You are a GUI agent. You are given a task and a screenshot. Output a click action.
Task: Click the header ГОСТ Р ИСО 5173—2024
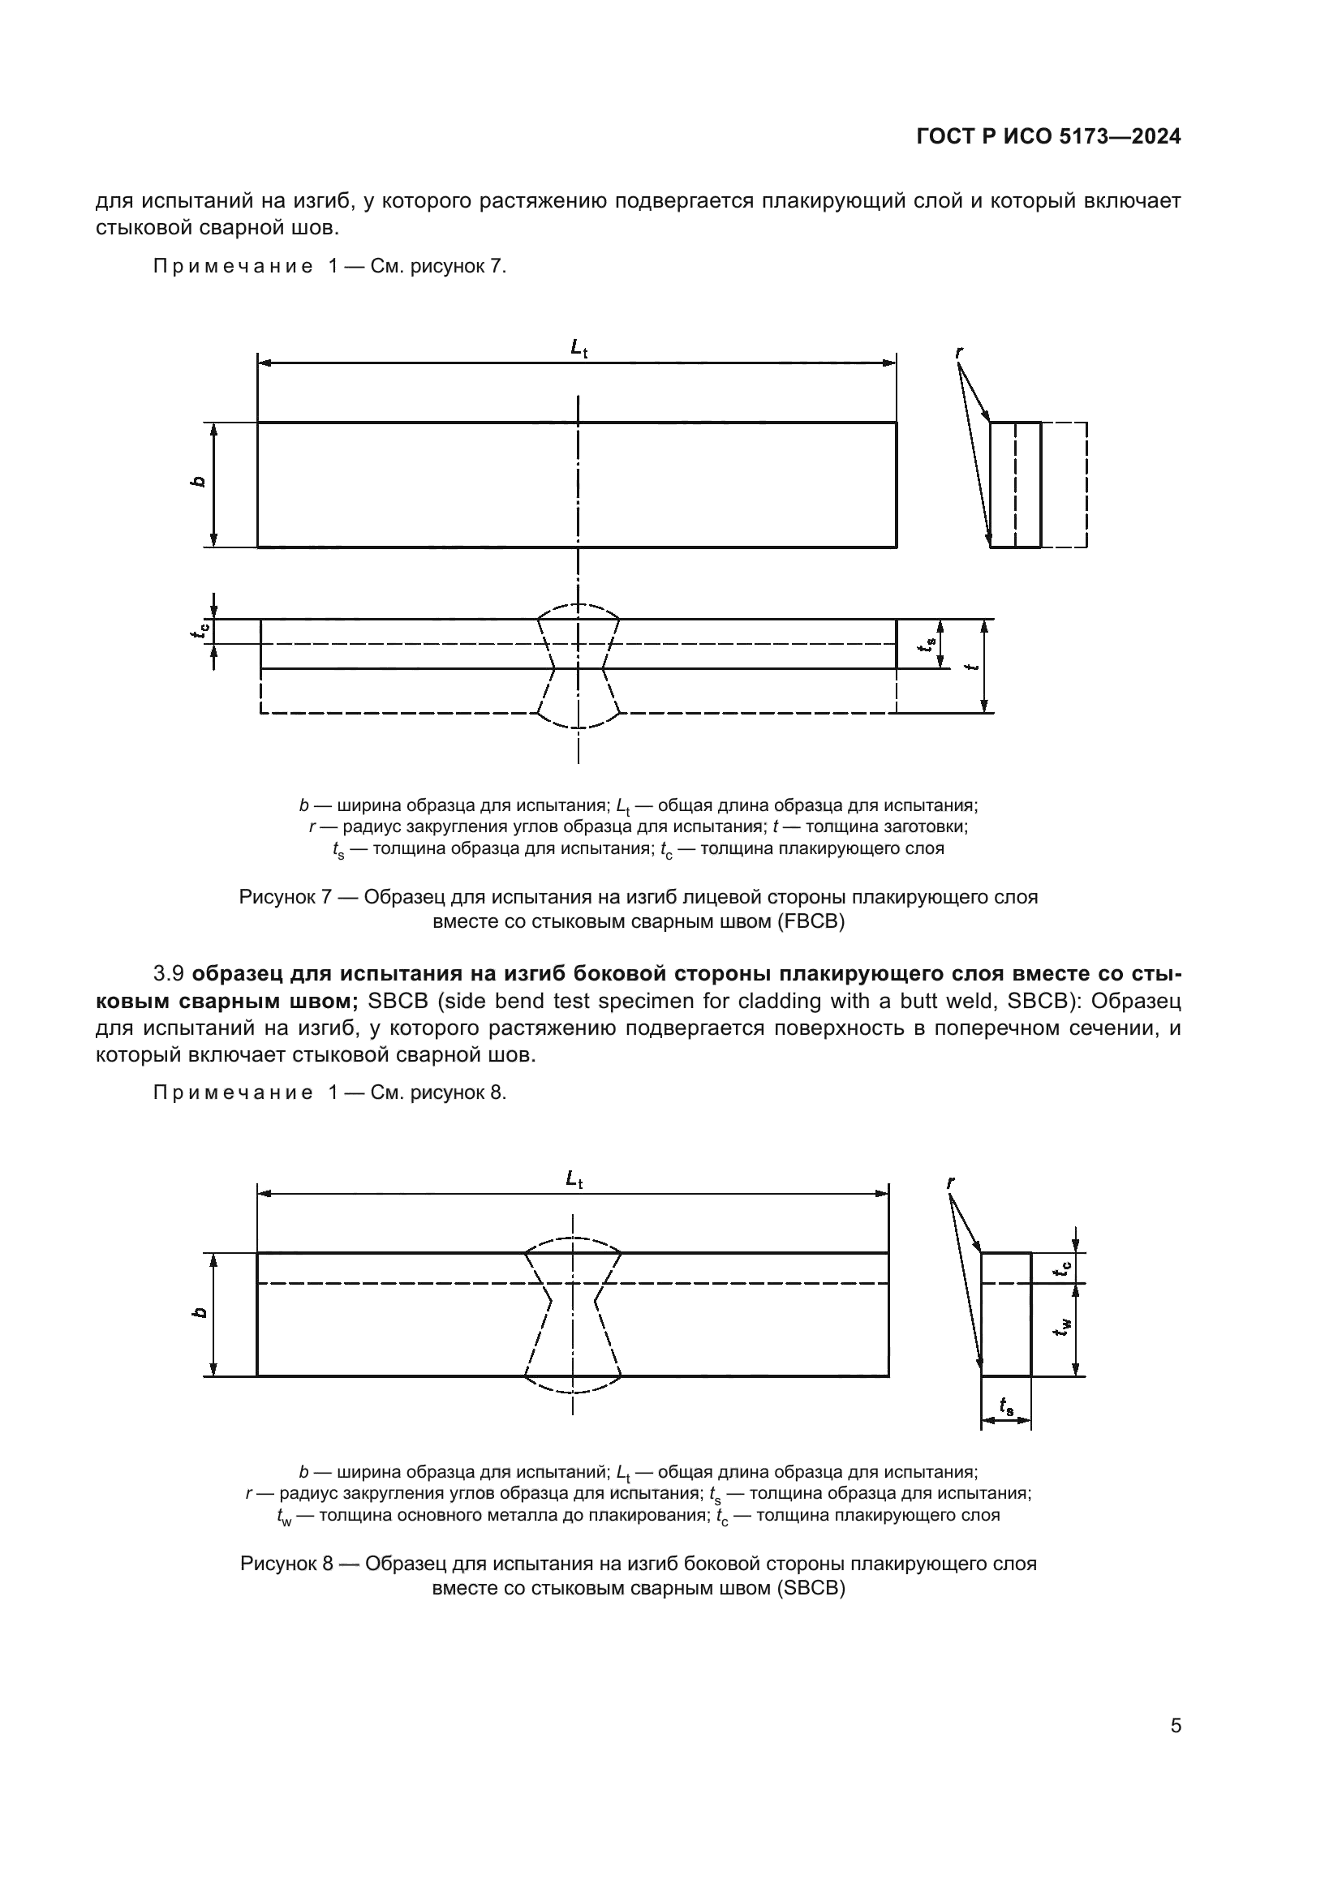coord(1047,137)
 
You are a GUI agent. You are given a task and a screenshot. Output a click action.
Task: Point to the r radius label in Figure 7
coord(958,353)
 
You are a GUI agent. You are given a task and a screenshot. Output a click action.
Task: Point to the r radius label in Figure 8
coord(950,1183)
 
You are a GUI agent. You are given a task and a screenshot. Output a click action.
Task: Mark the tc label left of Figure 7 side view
coord(199,631)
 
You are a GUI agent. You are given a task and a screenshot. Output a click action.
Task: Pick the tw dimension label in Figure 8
coord(1066,1327)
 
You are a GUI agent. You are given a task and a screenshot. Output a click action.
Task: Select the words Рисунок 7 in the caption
coord(285,896)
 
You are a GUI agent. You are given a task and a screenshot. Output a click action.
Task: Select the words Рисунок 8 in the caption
coord(286,1563)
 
